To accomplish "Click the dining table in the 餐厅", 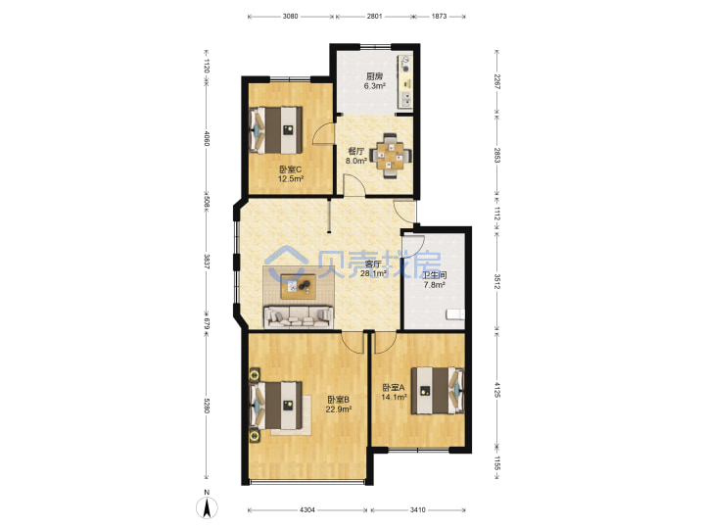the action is [x=391, y=156].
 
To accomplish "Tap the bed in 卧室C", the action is [x=275, y=130].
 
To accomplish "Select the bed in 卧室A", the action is [x=438, y=390].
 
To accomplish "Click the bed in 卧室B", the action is [x=275, y=405].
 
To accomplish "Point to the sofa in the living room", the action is [x=299, y=316].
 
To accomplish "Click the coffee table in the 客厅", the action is [x=299, y=286].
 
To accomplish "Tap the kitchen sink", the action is [x=406, y=99].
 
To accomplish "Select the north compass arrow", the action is [x=207, y=507].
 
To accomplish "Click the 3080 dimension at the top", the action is [x=291, y=17].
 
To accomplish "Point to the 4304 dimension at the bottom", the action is [x=307, y=509].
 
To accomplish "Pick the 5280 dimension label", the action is [x=207, y=406].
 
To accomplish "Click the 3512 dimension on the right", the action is [x=496, y=281].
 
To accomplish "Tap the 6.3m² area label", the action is [x=374, y=86].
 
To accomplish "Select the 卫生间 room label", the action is [x=435, y=275].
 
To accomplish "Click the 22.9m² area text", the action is [x=339, y=409].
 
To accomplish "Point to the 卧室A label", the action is [x=394, y=387].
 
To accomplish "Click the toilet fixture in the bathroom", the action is [x=455, y=314].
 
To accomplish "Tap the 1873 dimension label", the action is [x=440, y=17].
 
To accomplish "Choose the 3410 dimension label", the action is [x=418, y=509].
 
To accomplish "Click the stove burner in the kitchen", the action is [x=406, y=69].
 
